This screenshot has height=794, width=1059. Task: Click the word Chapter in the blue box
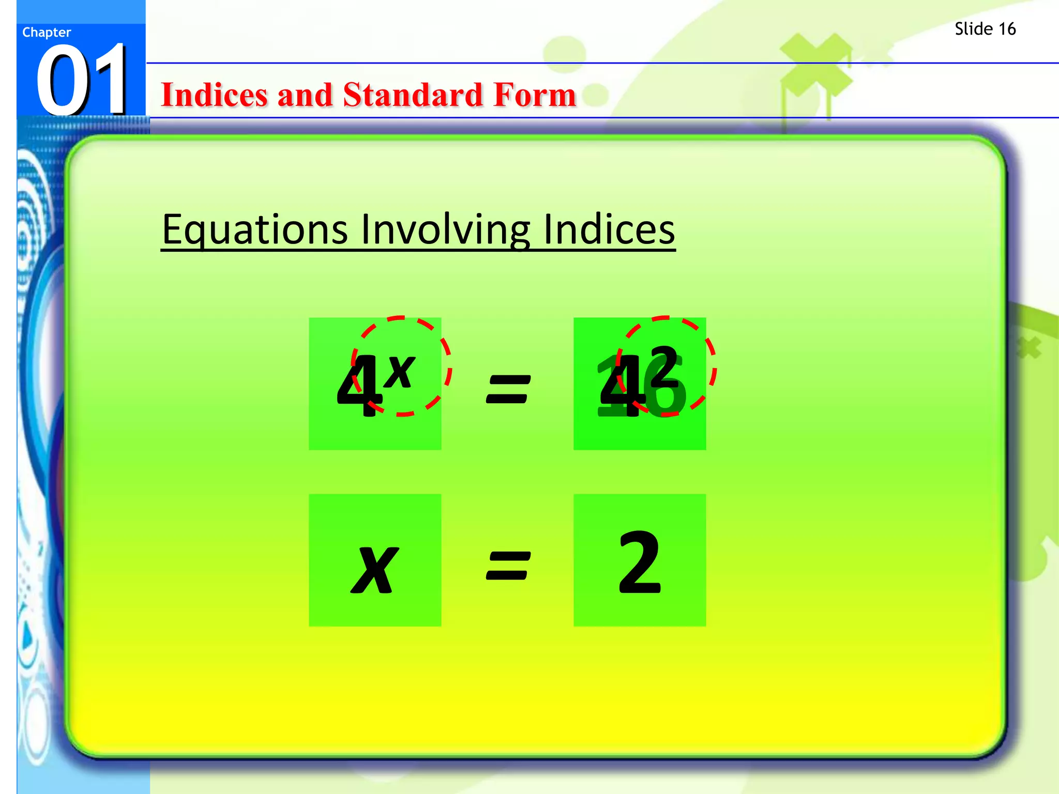pyautogui.click(x=47, y=33)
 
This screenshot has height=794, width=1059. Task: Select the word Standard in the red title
pyautogui.click(x=413, y=95)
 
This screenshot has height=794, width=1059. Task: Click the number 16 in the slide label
pyautogui.click(x=1006, y=29)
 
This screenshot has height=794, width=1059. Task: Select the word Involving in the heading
pyautogui.click(x=445, y=230)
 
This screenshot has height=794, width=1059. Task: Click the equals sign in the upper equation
pyautogui.click(x=508, y=389)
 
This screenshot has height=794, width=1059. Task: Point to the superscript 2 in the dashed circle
pyautogui.click(x=663, y=366)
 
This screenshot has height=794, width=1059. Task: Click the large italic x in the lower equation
pyautogui.click(x=374, y=570)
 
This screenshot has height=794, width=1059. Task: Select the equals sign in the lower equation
pyautogui.click(x=508, y=566)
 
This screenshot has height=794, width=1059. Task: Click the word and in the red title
pyautogui.click(x=305, y=95)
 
